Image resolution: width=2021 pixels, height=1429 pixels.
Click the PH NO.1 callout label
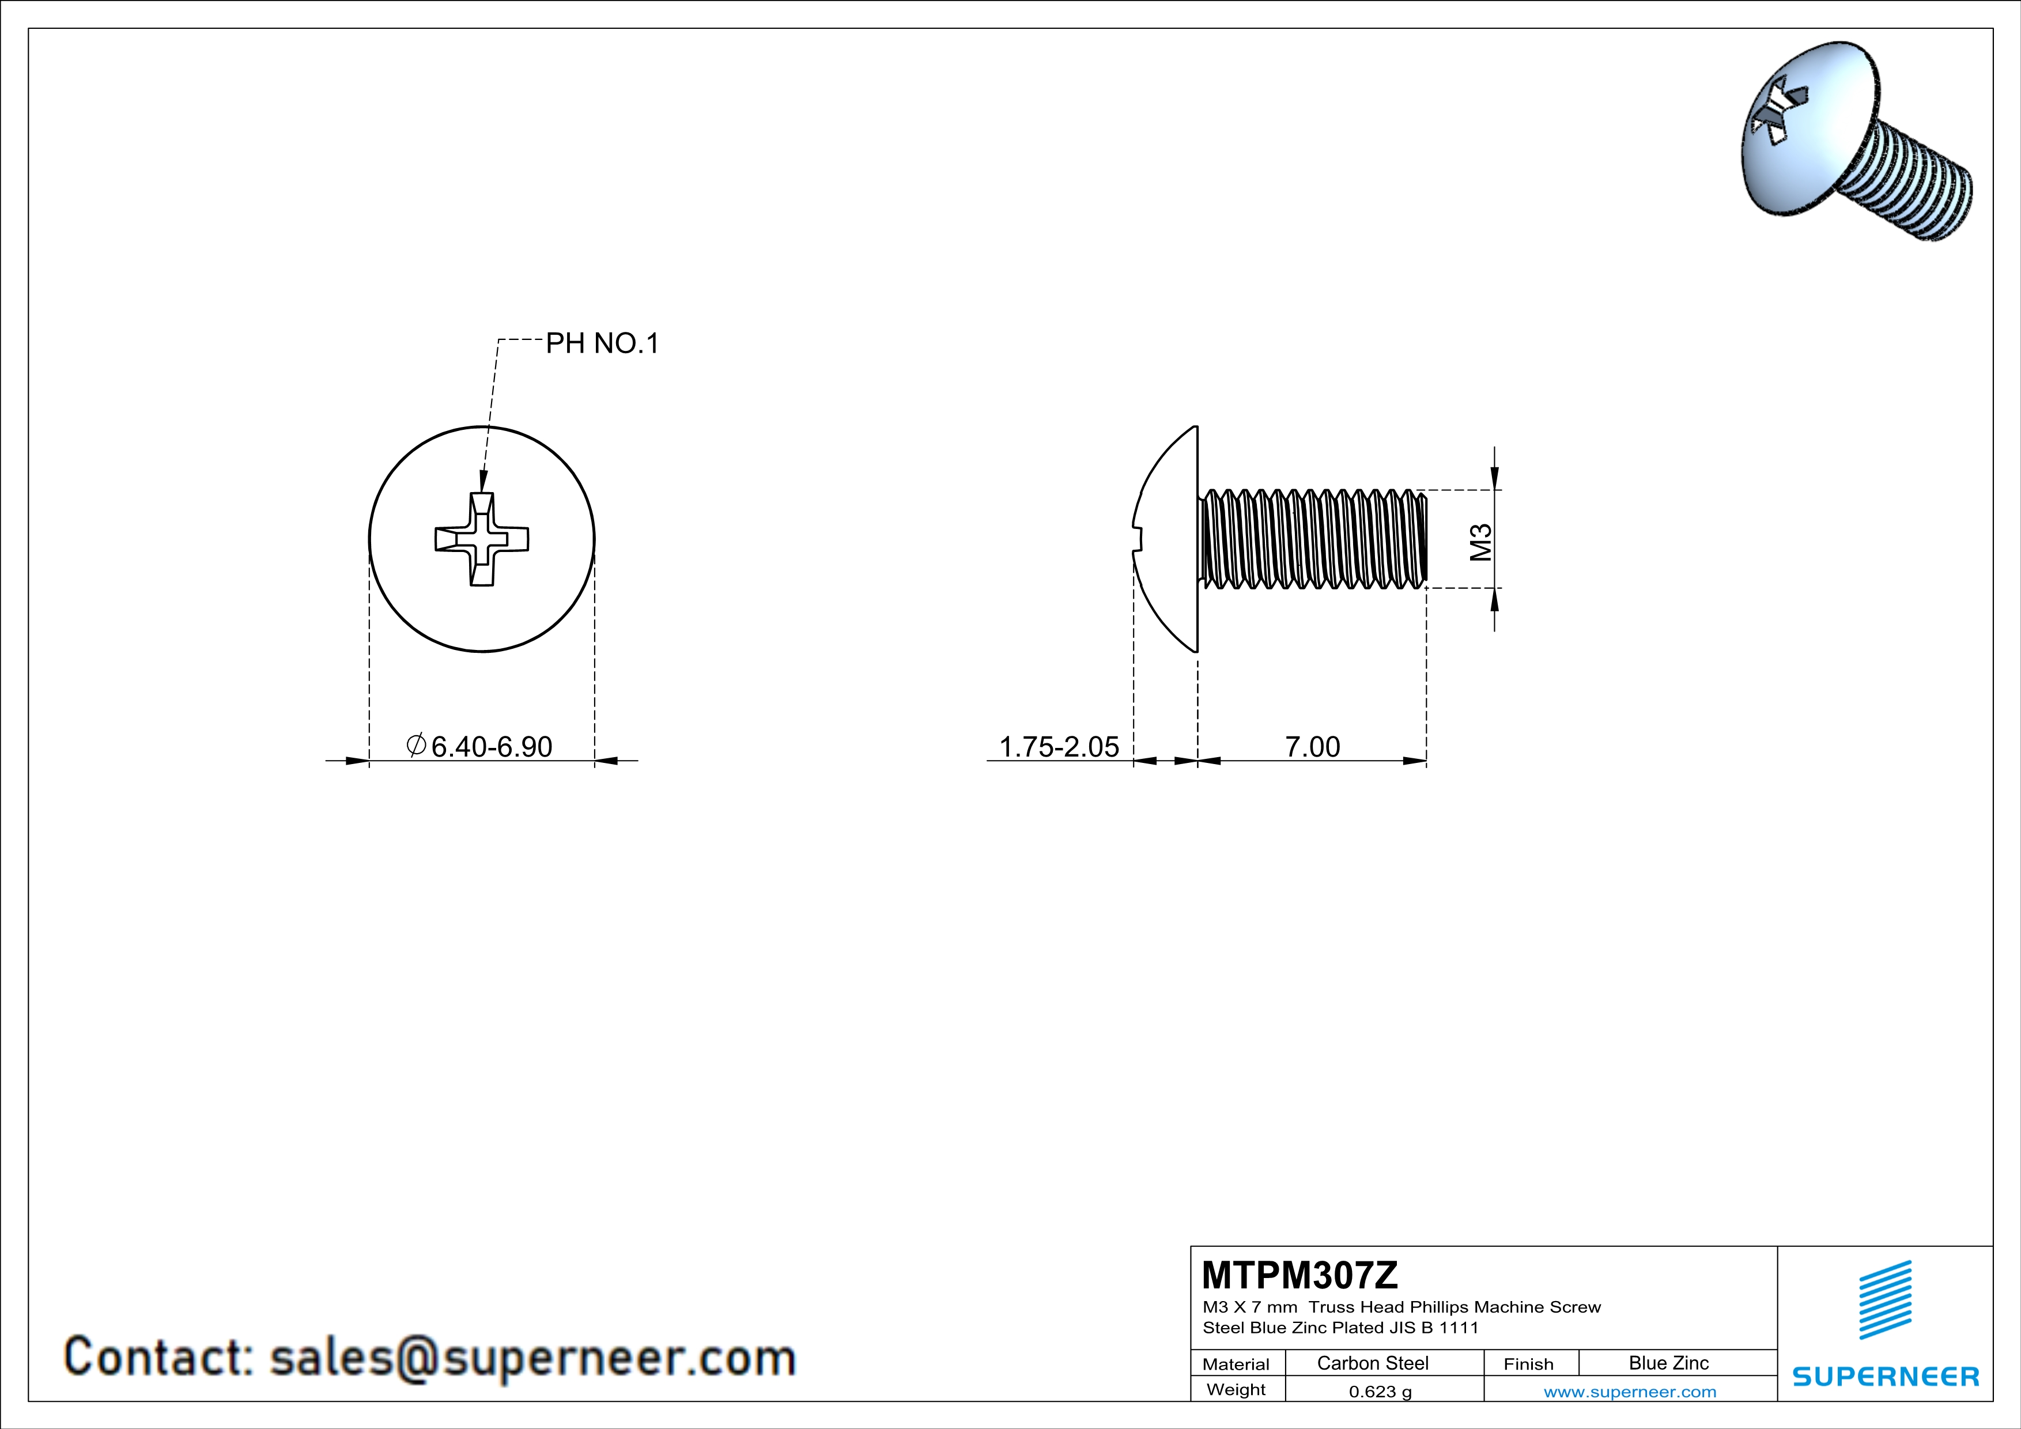[602, 343]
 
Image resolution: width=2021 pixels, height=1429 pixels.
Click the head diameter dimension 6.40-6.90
[491, 746]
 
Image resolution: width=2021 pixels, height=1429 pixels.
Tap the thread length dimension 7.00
[1312, 746]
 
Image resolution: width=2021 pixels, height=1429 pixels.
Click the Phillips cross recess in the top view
[482, 539]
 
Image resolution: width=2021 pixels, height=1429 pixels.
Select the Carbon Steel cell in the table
[1372, 1363]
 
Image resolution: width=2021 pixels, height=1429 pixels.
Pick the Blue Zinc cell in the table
[1668, 1363]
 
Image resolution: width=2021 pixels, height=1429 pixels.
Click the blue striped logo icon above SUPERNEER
[1884, 1300]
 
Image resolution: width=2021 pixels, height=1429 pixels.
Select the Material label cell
[1236, 1364]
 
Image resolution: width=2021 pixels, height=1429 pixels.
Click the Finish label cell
[1528, 1364]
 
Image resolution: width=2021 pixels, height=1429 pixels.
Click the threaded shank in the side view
[1312, 539]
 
